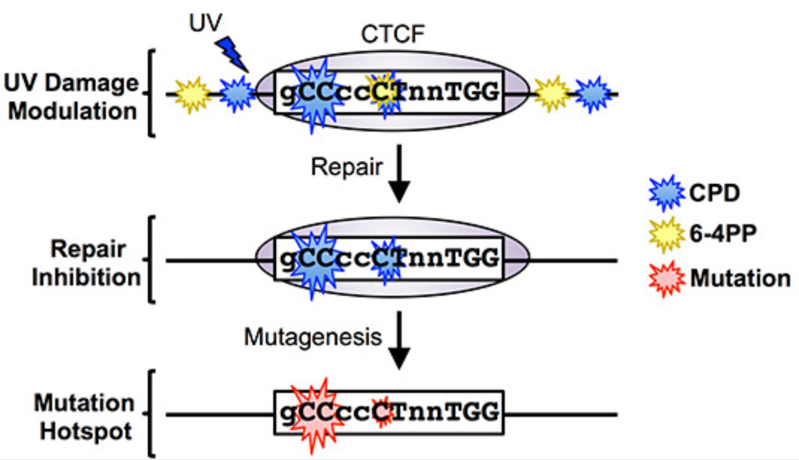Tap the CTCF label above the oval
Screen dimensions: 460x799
(393, 34)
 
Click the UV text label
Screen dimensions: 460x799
(205, 22)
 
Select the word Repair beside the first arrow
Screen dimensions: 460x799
(347, 167)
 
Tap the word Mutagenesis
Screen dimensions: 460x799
(313, 337)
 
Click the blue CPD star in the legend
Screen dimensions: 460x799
(667, 193)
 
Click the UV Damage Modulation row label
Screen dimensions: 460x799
(71, 97)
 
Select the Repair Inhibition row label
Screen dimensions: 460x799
(86, 263)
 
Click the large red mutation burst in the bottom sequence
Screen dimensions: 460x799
(316, 414)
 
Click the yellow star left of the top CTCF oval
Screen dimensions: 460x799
(192, 94)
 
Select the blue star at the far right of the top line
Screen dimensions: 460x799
(593, 94)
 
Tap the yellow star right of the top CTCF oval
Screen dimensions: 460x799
(551, 94)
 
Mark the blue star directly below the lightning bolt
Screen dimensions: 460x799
(237, 93)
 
